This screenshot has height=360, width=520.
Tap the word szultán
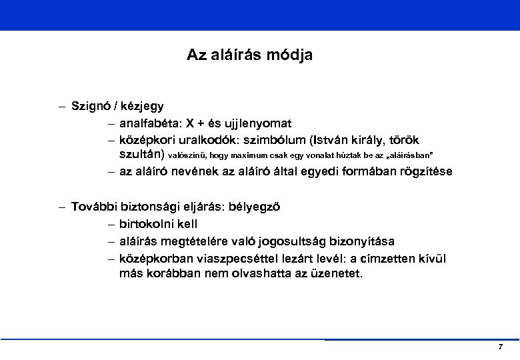141,155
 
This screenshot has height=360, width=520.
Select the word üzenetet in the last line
337,273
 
